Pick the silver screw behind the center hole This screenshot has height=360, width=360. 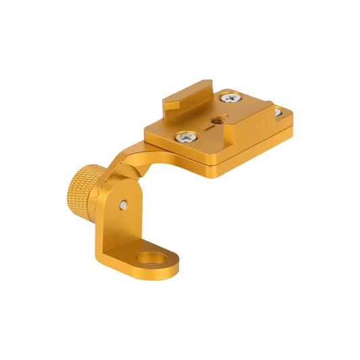(x=232, y=98)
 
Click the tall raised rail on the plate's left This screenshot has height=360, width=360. (x=189, y=95)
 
